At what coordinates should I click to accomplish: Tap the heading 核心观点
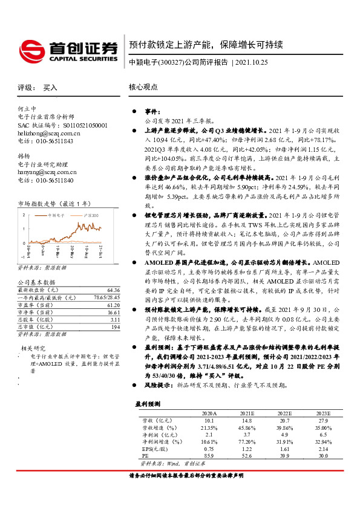coord(143,87)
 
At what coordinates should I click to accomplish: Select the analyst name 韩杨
coord(24,156)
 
